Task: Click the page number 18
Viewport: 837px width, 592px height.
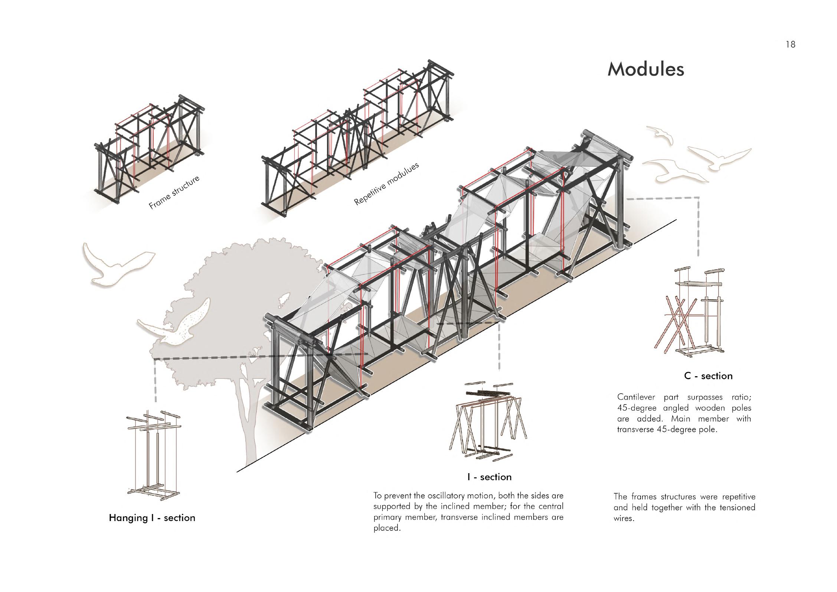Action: (790, 45)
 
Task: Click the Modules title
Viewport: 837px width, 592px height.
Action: (645, 69)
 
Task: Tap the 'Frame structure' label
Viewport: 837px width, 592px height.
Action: (174, 192)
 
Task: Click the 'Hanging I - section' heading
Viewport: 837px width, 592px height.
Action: (152, 518)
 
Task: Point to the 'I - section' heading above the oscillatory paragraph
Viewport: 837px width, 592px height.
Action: (489, 477)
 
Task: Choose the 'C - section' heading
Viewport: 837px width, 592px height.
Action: (708, 376)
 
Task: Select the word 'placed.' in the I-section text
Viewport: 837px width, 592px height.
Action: (387, 528)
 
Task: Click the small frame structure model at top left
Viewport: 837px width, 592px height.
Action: (148, 149)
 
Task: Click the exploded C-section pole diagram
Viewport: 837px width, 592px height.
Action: (689, 312)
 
